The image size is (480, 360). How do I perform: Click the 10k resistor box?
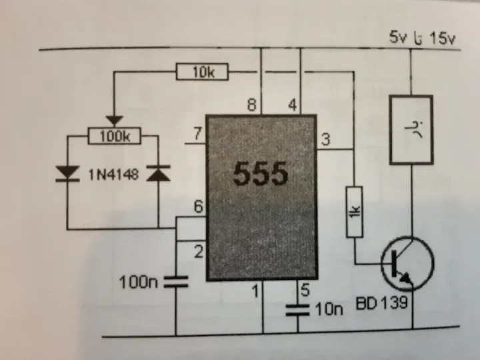(202, 71)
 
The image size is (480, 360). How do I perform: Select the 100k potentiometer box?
(115, 136)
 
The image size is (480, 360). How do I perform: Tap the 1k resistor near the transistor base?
(355, 212)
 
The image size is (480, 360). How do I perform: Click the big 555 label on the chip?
(261, 173)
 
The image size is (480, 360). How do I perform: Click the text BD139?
(382, 303)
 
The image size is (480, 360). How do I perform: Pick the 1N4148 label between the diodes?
(113, 175)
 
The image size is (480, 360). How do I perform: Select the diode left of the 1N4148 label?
(67, 173)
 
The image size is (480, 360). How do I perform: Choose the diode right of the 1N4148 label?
(158, 173)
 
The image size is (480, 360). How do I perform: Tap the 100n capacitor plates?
(176, 281)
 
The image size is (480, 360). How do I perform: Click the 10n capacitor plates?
(297, 310)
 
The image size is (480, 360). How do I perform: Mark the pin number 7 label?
(198, 134)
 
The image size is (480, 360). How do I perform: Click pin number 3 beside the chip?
(326, 139)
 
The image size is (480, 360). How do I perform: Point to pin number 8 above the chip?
(251, 105)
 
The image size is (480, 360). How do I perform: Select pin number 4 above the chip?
(293, 105)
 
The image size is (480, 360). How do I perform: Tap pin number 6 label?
(199, 207)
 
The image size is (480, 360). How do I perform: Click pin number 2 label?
(199, 252)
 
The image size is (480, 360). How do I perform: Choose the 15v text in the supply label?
(443, 39)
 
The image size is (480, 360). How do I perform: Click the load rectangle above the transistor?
(411, 130)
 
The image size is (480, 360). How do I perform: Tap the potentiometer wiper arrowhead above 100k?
(114, 121)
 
